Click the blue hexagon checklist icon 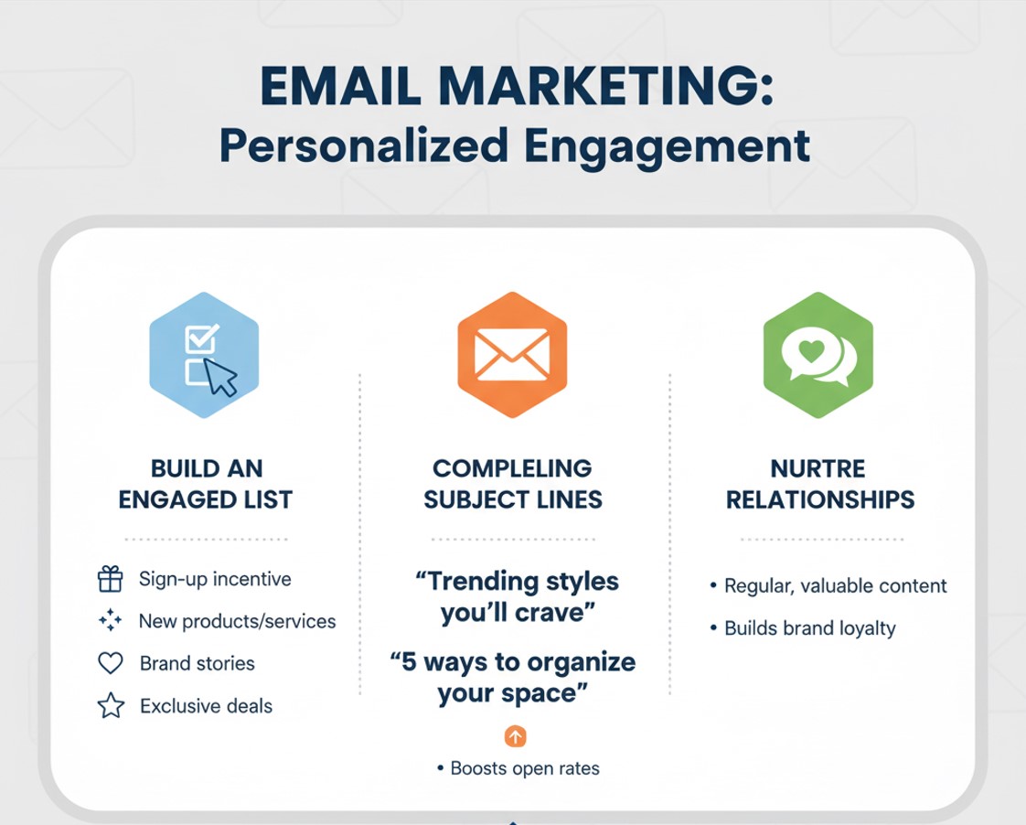tap(204, 355)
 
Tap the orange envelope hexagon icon tap(512, 355)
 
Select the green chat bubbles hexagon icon tap(818, 355)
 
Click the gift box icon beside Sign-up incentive tap(110, 579)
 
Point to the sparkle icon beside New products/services tap(110, 620)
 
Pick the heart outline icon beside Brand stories tap(110, 663)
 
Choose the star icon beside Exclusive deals tap(111, 705)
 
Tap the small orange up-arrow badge tap(516, 736)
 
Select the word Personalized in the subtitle tap(364, 146)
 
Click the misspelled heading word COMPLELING tap(512, 468)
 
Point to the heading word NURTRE tap(818, 468)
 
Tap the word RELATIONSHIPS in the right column tap(820, 499)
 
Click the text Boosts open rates tap(525, 768)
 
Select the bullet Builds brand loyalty tap(810, 628)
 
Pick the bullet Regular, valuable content tap(836, 585)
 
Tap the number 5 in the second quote tap(409, 662)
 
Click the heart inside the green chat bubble tap(812, 351)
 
